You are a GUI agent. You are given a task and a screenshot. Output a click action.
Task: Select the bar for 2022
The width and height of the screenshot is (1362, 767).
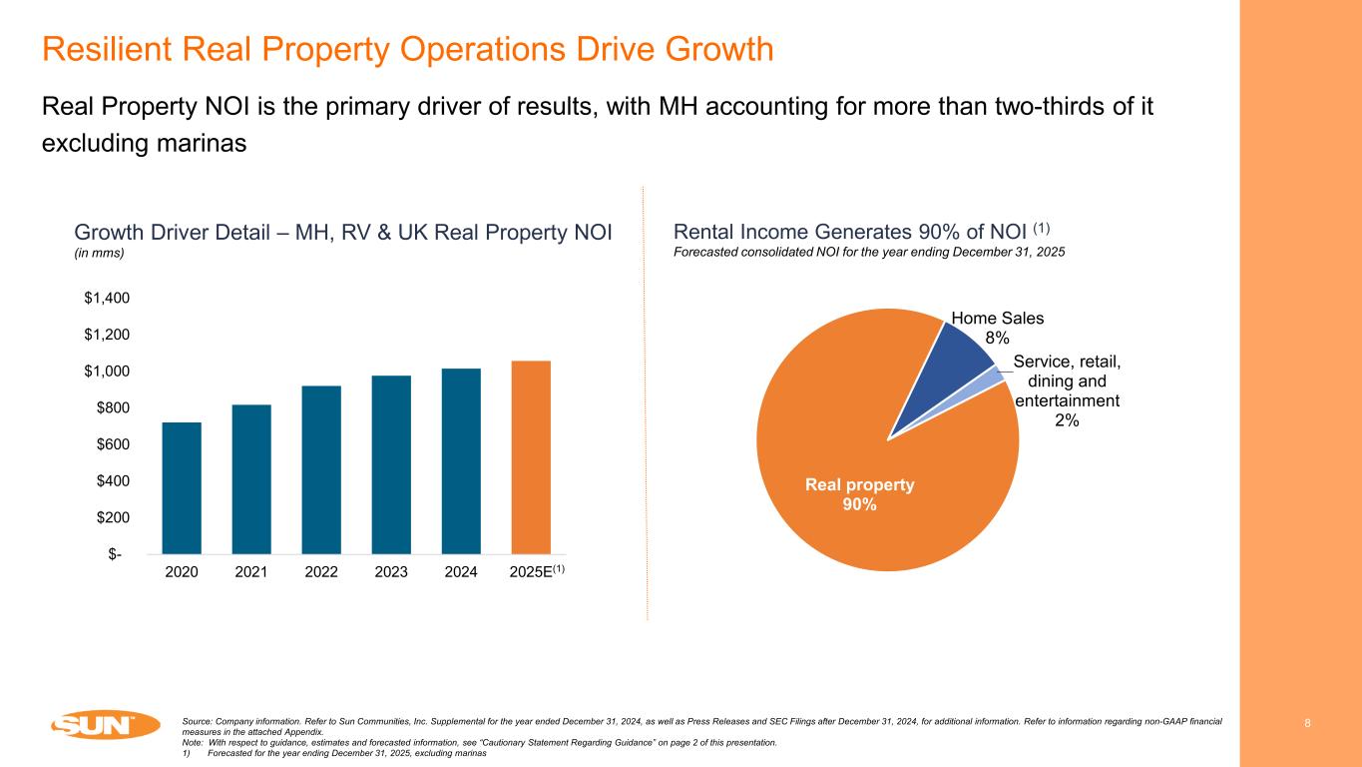(321, 469)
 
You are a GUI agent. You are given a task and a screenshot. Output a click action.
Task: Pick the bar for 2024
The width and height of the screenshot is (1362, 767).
(461, 460)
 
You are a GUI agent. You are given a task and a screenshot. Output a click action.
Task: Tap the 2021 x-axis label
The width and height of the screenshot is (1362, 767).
(251, 573)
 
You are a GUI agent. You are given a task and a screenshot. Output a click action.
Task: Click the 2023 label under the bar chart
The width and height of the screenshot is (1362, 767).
(391, 573)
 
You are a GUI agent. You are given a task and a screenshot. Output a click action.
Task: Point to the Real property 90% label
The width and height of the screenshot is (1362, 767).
(859, 494)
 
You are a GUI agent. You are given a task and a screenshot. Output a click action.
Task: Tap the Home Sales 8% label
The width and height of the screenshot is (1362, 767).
(997, 328)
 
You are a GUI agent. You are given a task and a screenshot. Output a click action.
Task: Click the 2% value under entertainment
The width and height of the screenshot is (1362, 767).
(1067, 420)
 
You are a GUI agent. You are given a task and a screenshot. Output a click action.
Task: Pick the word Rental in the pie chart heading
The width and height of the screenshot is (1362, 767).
(704, 232)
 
